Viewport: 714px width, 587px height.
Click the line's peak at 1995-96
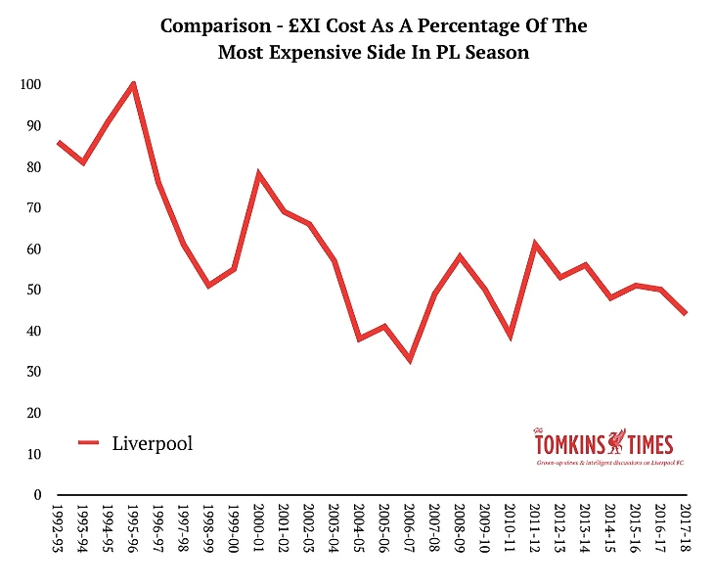[x=133, y=84]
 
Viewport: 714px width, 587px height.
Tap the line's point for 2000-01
[x=258, y=174]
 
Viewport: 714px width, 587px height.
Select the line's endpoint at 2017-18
[x=685, y=313]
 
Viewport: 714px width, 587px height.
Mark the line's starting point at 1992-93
[x=59, y=142]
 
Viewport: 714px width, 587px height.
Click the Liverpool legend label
[x=153, y=443]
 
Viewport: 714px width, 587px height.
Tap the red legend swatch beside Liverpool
[x=89, y=443]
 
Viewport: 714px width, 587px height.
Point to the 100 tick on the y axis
[x=30, y=84]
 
